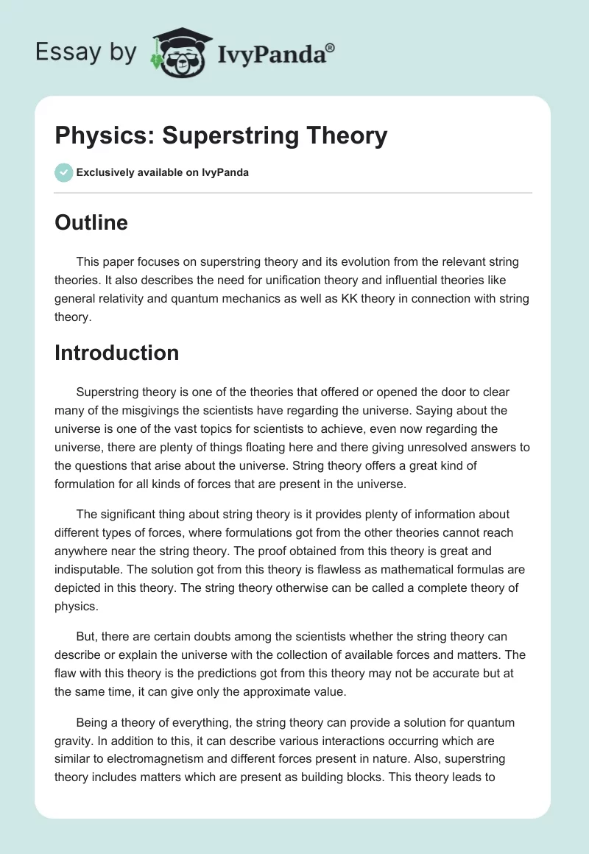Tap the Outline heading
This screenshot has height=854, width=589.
[x=91, y=222]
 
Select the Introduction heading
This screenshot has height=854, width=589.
[x=116, y=353]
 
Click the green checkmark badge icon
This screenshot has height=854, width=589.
[x=63, y=173]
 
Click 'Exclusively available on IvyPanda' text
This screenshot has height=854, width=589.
[x=162, y=173]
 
